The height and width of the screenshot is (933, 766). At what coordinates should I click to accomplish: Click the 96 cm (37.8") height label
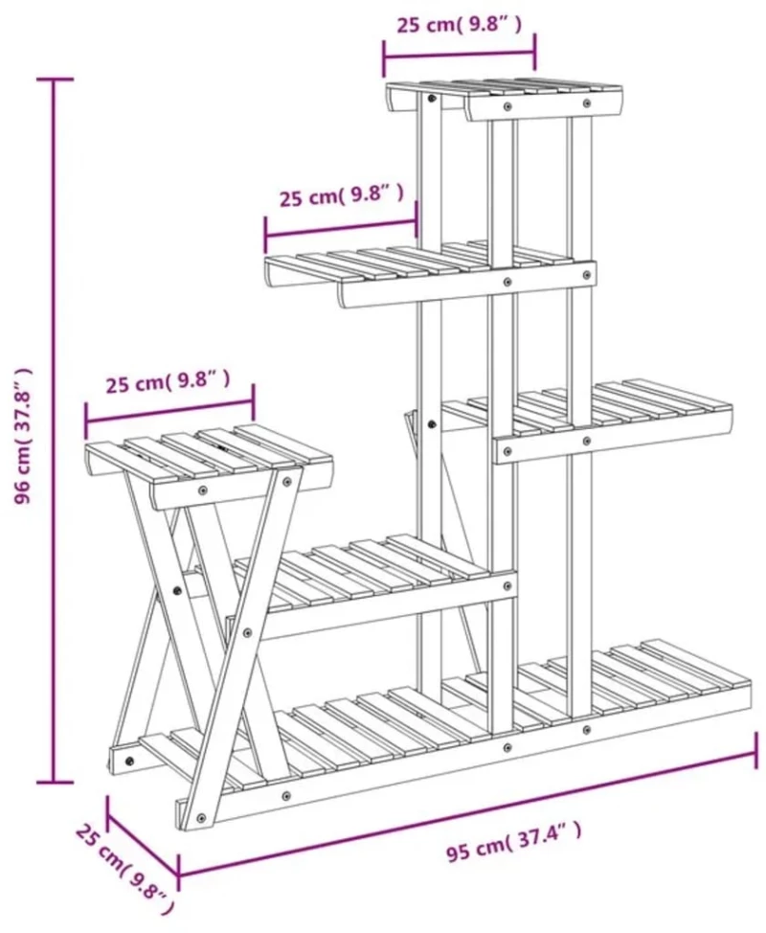24,436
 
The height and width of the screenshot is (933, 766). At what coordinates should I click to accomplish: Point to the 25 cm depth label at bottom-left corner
124,873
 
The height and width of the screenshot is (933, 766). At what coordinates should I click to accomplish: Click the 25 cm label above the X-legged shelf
168,381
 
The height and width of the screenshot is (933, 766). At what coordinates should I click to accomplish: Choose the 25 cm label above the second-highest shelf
342,194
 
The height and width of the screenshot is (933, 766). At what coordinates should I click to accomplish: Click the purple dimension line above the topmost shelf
460,56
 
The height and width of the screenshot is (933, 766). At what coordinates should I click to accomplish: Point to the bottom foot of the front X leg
202,821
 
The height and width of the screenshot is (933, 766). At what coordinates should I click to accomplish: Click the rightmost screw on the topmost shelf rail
587,102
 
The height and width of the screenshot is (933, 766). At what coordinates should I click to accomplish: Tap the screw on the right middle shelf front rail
587,441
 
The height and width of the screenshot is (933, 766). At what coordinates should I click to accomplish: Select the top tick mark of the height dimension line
55,79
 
